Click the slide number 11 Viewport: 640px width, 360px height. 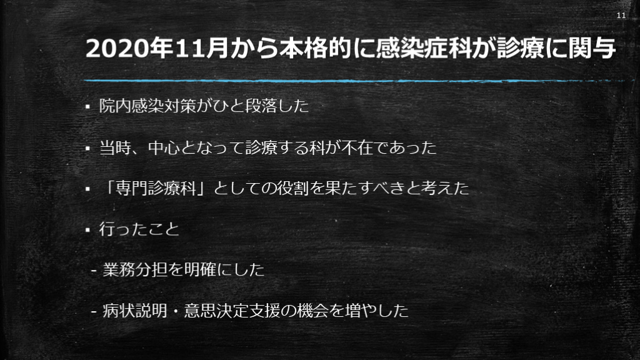(621, 16)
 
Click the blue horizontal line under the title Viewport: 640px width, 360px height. (354, 81)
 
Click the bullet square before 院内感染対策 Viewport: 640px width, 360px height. (87, 107)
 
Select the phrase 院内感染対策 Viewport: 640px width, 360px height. (147, 106)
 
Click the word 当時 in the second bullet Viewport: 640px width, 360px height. (116, 147)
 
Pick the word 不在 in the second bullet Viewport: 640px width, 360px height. (357, 147)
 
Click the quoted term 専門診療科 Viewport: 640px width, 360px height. (156, 188)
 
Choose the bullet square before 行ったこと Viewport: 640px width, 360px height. (87, 230)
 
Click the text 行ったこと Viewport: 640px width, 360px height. (139, 229)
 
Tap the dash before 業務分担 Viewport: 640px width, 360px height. (94, 271)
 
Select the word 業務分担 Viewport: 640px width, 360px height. (135, 269)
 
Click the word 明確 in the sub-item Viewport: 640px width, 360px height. (199, 269)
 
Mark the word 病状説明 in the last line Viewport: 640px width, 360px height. (135, 311)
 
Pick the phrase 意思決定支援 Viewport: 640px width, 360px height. (232, 311)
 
